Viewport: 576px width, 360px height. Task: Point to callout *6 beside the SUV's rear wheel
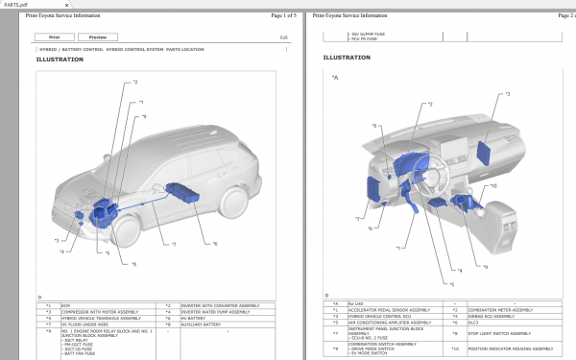coord(214,244)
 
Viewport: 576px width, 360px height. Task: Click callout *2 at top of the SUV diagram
coord(134,83)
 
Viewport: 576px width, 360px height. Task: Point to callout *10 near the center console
coord(492,185)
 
